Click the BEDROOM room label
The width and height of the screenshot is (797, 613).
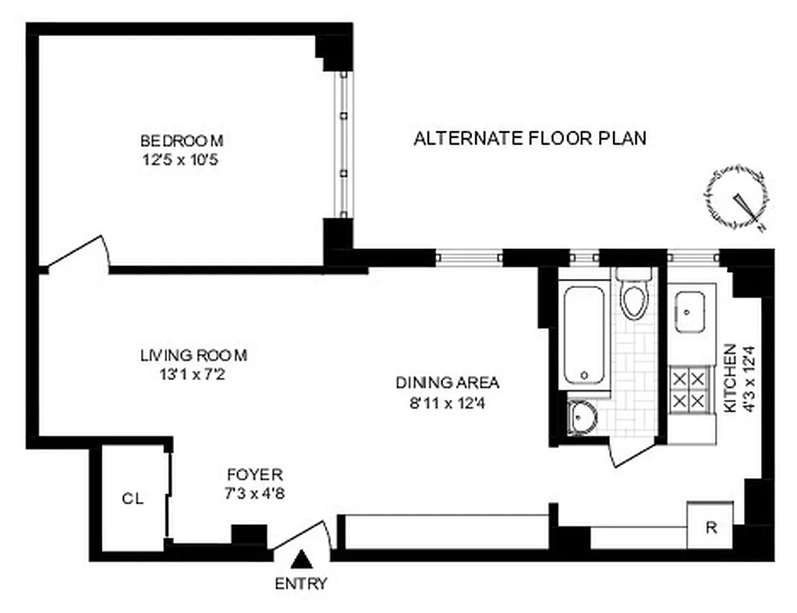click(182, 141)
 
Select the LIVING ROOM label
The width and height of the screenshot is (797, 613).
click(194, 356)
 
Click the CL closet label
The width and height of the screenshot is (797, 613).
click(133, 499)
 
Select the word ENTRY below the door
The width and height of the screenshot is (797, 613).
click(301, 584)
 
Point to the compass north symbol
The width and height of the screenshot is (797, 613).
click(736, 197)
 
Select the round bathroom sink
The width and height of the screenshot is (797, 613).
click(584, 418)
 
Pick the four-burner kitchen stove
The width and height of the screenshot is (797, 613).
click(688, 390)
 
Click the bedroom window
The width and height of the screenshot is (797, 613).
click(344, 145)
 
